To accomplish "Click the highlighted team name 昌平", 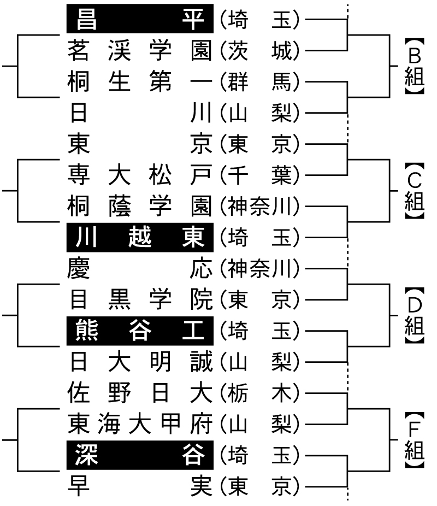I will coord(139,20).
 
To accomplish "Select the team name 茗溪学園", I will coord(139,51).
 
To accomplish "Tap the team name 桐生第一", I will coord(139,82).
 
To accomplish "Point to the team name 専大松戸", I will coord(139,175).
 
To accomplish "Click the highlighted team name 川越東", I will coord(139,238).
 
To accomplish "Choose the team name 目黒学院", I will coord(139,299).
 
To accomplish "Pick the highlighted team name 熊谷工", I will coord(139,330).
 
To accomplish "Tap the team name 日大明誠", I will coord(139,361).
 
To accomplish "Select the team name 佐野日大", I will coord(139,392).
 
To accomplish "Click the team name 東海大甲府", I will coord(139,423).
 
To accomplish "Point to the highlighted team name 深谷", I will coord(139,455).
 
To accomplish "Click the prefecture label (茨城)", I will coord(259,51).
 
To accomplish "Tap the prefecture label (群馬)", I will coord(259,82).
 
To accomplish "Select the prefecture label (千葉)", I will coord(259,175).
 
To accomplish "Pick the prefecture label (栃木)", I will coord(259,392).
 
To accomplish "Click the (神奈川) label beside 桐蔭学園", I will coord(259,207).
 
